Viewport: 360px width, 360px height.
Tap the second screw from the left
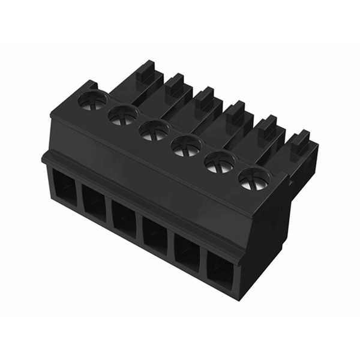pyautogui.click(x=123, y=114)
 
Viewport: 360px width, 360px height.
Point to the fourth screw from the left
pyautogui.click(x=187, y=145)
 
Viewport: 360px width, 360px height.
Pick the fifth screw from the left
pyautogui.click(x=220, y=161)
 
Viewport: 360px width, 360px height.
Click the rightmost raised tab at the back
pyautogui.click(x=300, y=144)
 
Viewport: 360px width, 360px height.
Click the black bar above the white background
pyautogui.click(x=180, y=22)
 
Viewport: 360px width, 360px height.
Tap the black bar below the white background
pyautogui.click(x=180, y=337)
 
